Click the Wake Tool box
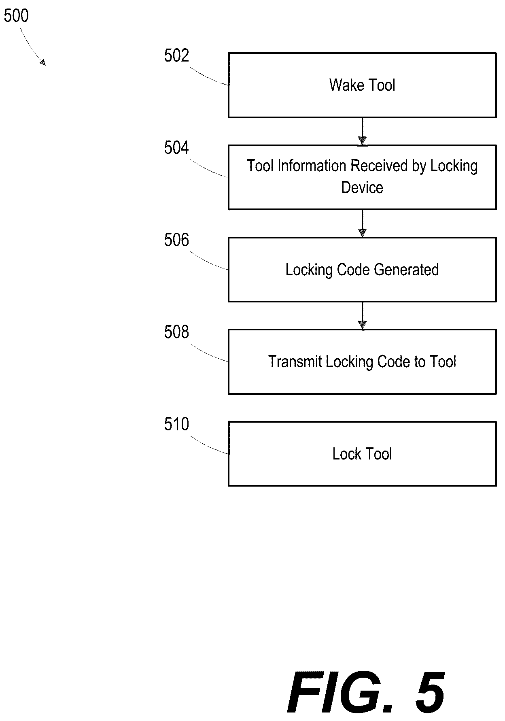coord(362,85)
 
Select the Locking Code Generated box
coord(362,270)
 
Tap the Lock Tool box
coord(362,454)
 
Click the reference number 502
coord(176,55)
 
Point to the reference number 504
coord(176,148)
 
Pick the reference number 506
coord(176,240)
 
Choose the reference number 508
coord(176,332)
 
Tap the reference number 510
coord(176,424)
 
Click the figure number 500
coord(16,16)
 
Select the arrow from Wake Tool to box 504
coord(363,132)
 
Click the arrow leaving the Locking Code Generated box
coord(363,316)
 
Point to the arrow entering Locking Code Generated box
coord(363,223)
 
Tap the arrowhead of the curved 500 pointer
coord(42,62)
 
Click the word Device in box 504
coord(362,187)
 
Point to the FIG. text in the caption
coord(340,693)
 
